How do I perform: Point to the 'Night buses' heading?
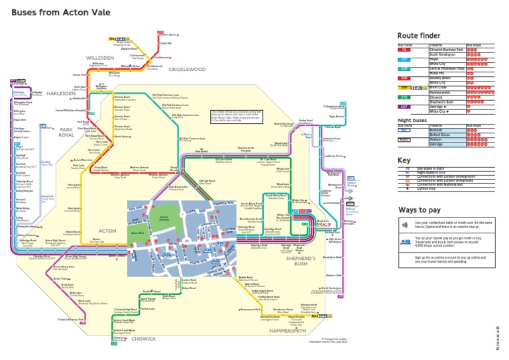tap(410, 119)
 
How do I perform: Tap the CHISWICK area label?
tap(143, 338)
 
